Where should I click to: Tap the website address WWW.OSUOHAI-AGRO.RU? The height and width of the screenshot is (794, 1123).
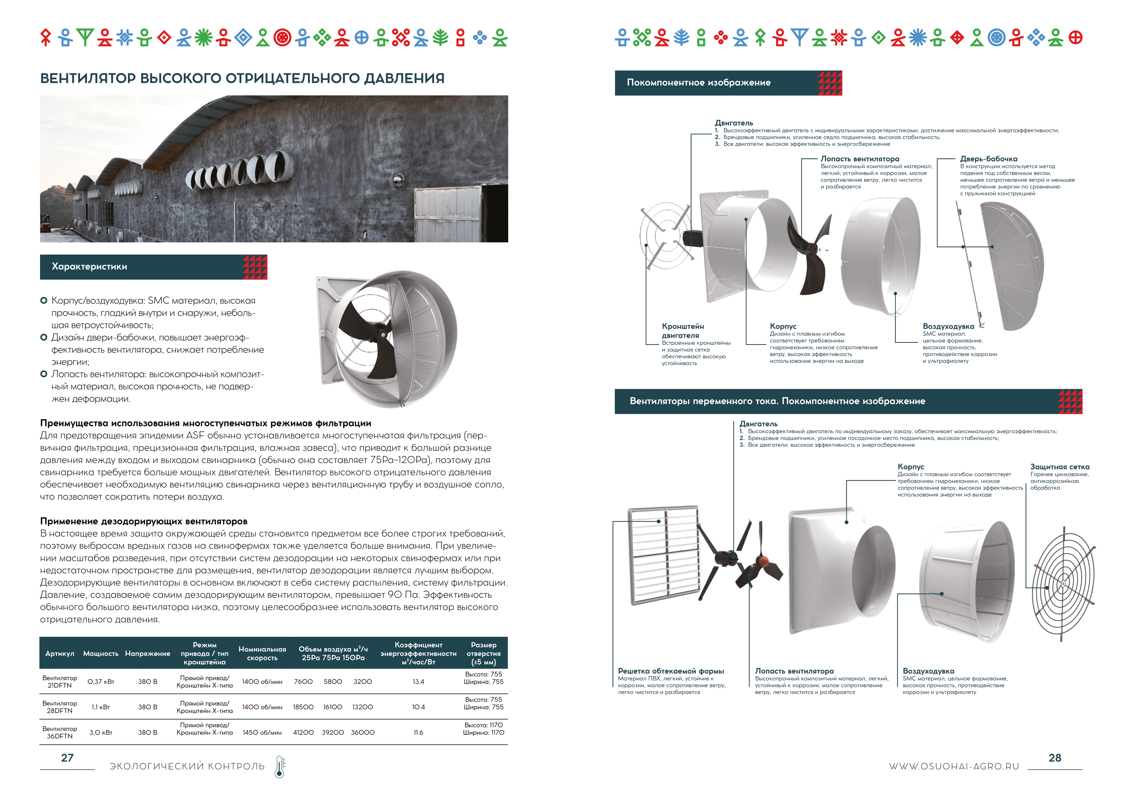954,767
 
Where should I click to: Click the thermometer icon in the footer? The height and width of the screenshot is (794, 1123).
280,767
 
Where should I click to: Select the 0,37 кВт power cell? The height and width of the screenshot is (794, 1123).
101,682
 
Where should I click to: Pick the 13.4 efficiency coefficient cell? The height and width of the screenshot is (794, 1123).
418,682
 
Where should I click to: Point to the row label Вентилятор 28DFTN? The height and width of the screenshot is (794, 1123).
60,707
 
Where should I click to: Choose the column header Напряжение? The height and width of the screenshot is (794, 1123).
148,653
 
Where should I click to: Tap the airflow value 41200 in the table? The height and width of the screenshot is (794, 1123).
303,732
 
